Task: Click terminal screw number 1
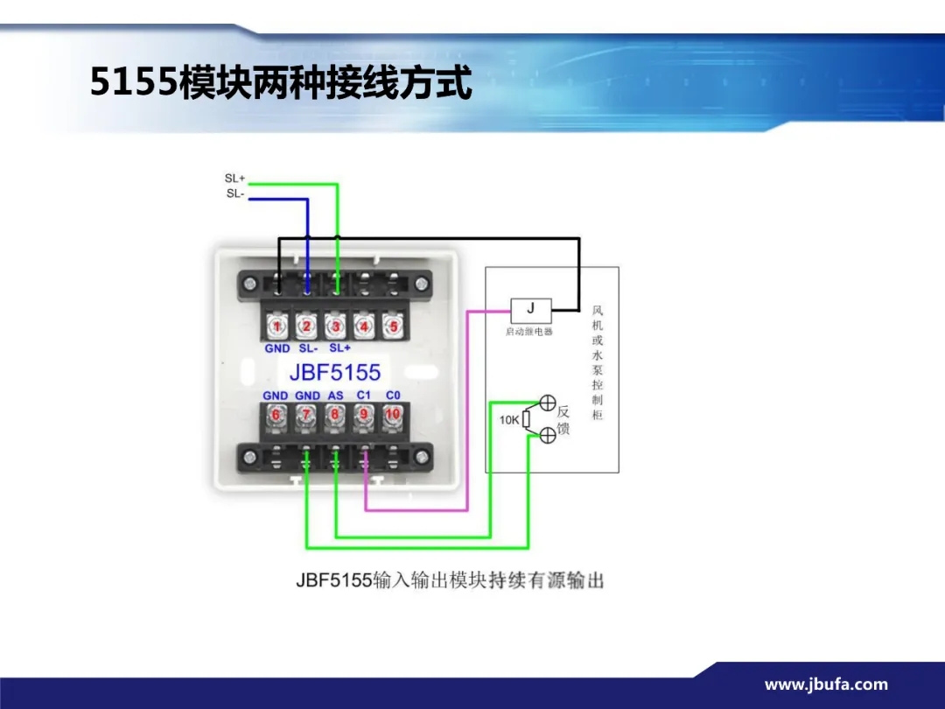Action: pos(277,326)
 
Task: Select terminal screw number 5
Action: pos(394,326)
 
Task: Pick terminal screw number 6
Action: pos(276,414)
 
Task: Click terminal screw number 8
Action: pos(335,414)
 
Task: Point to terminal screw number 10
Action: pos(393,414)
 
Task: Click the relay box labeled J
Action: pos(531,309)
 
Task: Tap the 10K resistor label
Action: pos(509,420)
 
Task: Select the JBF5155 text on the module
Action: pos(335,371)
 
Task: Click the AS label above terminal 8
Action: pos(335,396)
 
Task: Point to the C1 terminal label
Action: pos(364,396)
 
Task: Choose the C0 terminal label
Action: pos(393,396)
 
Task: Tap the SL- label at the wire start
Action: pos(234,193)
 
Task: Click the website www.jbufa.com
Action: pos(826,684)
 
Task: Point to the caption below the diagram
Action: pos(450,580)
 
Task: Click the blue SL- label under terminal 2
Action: pos(308,348)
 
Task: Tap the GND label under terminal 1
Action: pos(277,348)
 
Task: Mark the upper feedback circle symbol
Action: pos(548,404)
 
